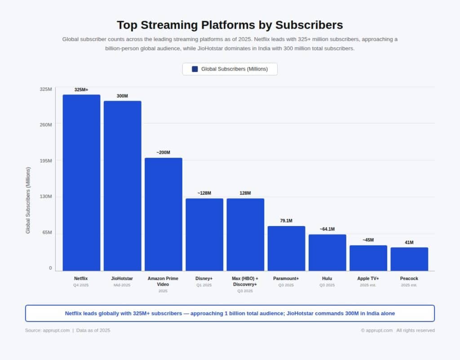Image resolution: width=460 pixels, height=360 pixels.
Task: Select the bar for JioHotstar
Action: pyautogui.click(x=122, y=186)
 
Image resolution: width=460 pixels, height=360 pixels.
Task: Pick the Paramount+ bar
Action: pyautogui.click(x=286, y=248)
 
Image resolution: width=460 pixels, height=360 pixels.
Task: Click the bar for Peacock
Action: pyautogui.click(x=409, y=259)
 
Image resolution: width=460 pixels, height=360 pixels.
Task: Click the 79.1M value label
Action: pyautogui.click(x=286, y=221)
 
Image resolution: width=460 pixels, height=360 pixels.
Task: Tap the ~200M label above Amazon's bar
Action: pyautogui.click(x=163, y=152)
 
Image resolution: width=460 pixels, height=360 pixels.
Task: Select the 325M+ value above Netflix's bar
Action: pyautogui.click(x=81, y=89)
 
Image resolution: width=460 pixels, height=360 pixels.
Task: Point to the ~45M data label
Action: pyautogui.click(x=368, y=240)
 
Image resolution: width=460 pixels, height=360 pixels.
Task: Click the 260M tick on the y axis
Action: pyautogui.click(x=46, y=124)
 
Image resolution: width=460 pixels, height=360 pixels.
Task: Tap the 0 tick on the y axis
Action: pyautogui.click(x=50, y=268)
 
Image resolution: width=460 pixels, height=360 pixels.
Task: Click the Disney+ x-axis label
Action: pyautogui.click(x=204, y=279)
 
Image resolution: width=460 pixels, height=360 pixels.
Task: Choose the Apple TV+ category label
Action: pyautogui.click(x=368, y=279)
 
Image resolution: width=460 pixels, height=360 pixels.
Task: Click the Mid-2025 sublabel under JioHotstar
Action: pyautogui.click(x=122, y=285)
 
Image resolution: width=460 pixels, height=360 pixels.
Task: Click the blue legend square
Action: pyautogui.click(x=195, y=69)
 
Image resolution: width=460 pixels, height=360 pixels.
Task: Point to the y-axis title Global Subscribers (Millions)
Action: pyautogui.click(x=28, y=200)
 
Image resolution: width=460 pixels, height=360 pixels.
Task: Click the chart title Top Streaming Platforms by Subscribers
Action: pyautogui.click(x=230, y=25)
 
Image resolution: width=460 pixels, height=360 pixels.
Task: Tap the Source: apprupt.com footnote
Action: pyautogui.click(x=47, y=330)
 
